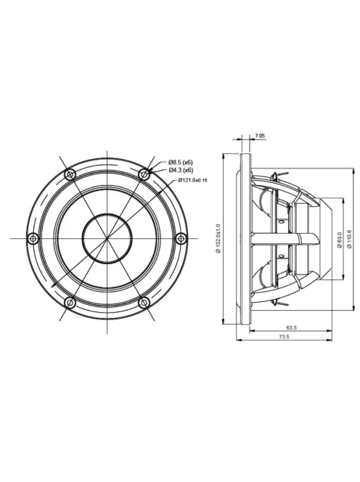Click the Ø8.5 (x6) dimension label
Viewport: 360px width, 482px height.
coord(180,161)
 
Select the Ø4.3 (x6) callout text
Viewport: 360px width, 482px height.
coord(180,169)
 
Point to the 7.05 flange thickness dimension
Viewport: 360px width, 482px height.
coord(260,136)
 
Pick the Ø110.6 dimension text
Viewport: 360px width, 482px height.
coord(350,237)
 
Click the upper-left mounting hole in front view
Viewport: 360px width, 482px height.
coord(70,174)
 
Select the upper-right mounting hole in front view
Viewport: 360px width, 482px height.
coord(144,174)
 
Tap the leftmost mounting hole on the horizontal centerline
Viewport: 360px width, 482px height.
coord(33,238)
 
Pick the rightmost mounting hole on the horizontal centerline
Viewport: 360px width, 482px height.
coord(181,238)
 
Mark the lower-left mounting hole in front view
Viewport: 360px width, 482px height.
coord(70,302)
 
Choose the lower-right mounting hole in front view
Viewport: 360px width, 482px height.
coord(144,302)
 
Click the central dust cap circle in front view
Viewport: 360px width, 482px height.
coord(107,238)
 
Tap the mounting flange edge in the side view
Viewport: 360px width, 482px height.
coord(242,238)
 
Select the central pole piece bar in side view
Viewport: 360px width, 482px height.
coord(283,238)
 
